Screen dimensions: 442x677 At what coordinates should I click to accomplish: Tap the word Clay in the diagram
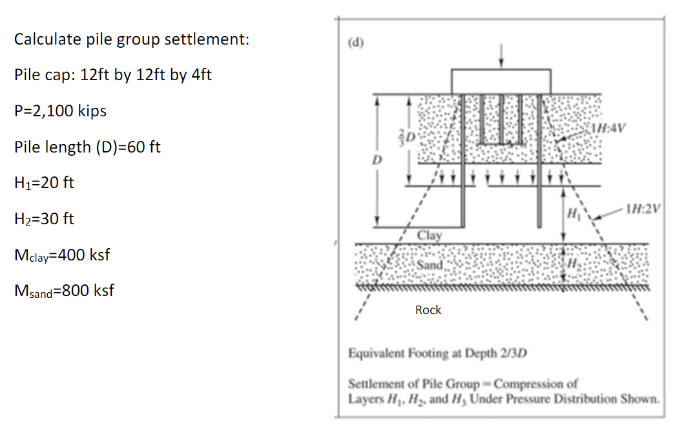pyautogui.click(x=430, y=235)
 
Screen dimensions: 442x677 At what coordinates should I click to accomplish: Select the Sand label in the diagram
pyautogui.click(x=430, y=265)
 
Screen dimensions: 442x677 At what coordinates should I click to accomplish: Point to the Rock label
pyautogui.click(x=428, y=310)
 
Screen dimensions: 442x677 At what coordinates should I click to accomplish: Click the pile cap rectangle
pyautogui.click(x=501, y=81)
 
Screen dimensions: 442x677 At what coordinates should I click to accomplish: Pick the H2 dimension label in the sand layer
pyautogui.click(x=572, y=265)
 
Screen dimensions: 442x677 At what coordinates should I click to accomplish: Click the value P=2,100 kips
pyautogui.click(x=60, y=111)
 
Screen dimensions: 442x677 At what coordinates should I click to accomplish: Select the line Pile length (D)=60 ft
pyautogui.click(x=87, y=147)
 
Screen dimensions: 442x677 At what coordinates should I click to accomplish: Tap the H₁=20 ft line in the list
pyautogui.click(x=44, y=183)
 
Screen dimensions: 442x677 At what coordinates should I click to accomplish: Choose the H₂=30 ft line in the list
pyautogui.click(x=44, y=219)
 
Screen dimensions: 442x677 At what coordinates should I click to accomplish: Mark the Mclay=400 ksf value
pyautogui.click(x=62, y=255)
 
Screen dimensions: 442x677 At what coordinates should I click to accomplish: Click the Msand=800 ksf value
pyautogui.click(x=64, y=291)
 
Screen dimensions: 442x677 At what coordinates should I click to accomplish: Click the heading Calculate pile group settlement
pyautogui.click(x=132, y=39)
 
